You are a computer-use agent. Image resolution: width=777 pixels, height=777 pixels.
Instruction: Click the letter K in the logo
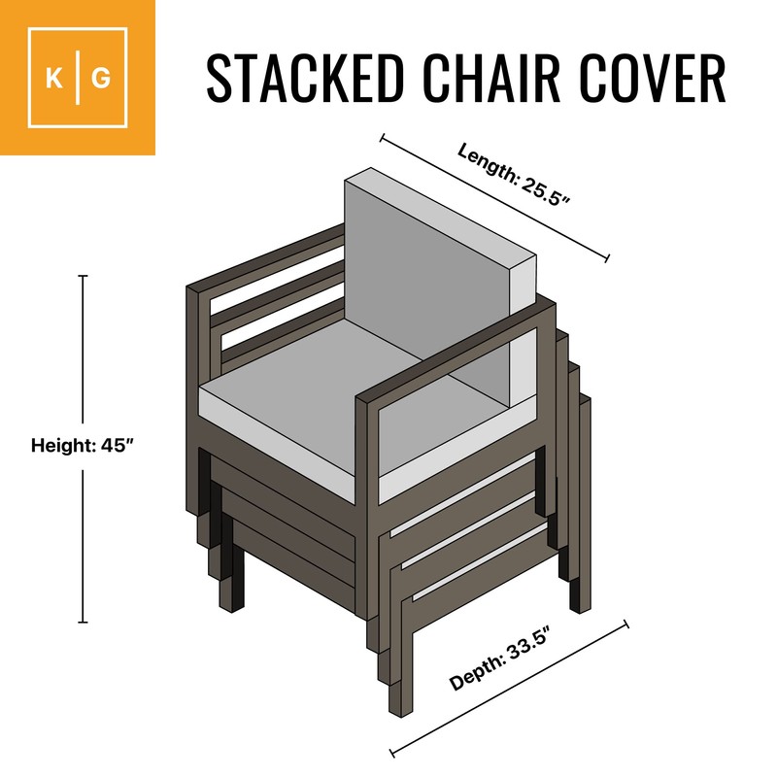(x=54, y=78)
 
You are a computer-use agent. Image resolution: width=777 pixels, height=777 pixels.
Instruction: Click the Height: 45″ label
(x=82, y=446)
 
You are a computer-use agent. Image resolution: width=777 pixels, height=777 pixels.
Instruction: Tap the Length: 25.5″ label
(x=513, y=176)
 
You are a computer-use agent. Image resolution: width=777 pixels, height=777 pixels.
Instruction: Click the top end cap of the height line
(x=83, y=277)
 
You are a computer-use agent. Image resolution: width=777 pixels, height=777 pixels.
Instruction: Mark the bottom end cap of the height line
(x=83, y=623)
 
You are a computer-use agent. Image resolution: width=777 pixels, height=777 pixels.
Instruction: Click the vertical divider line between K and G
(x=78, y=78)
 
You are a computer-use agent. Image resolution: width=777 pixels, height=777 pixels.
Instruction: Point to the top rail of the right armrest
(x=456, y=350)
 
